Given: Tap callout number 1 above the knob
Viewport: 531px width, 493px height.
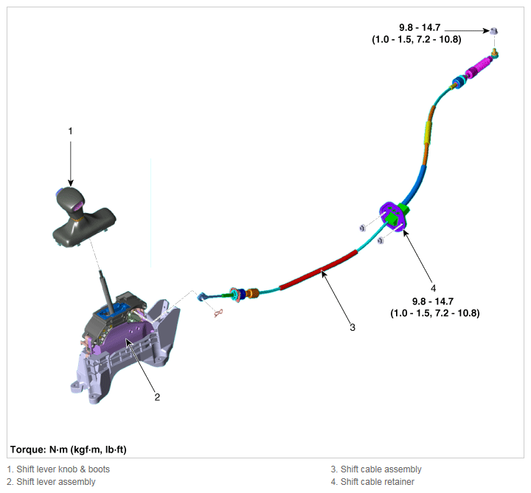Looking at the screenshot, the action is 71,131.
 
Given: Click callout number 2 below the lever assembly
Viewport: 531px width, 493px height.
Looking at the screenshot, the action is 157,397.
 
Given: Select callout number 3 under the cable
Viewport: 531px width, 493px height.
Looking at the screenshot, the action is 353,327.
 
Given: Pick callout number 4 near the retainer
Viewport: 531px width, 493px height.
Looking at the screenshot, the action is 433,288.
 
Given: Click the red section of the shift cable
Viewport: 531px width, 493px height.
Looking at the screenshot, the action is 319,270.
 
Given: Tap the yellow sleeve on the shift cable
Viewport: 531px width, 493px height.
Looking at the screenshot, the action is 428,133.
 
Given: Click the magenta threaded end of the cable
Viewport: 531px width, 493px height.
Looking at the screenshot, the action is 478,68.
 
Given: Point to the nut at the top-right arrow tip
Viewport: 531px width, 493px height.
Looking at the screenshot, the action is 493,31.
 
